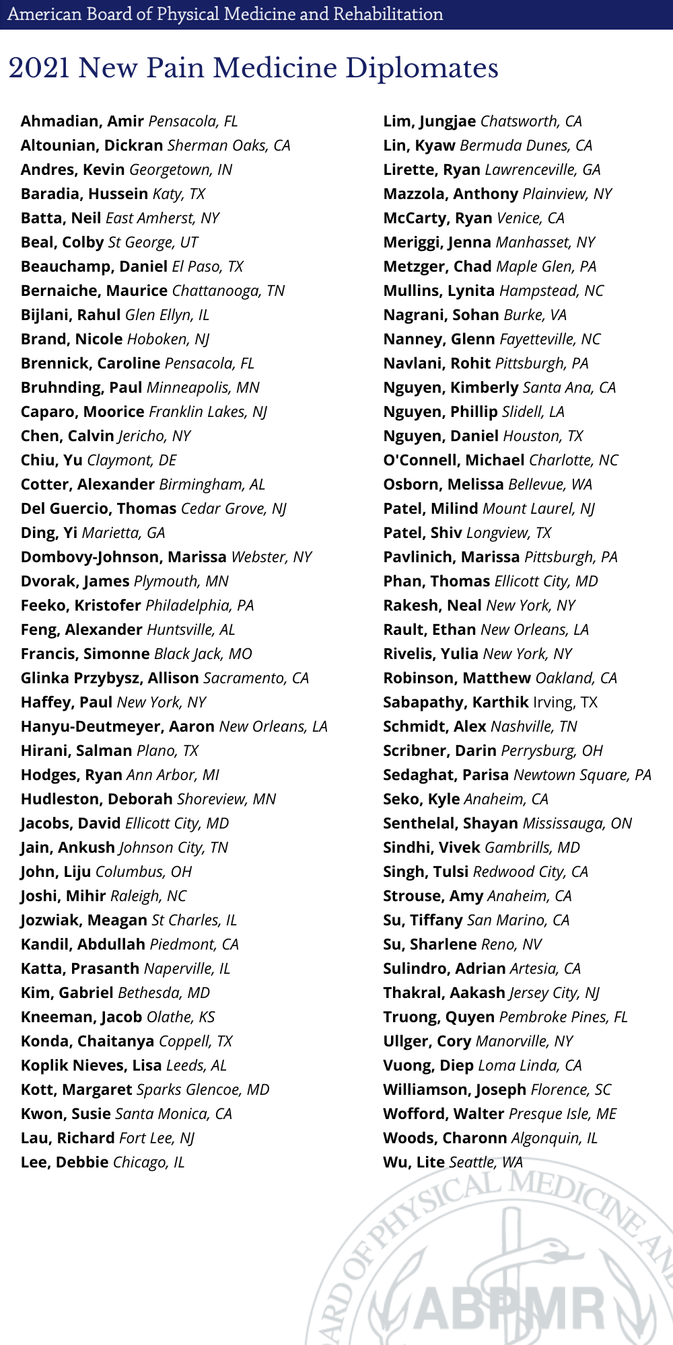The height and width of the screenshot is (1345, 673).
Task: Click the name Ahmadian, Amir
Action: click(x=82, y=121)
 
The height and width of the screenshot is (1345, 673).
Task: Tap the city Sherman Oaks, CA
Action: click(x=229, y=145)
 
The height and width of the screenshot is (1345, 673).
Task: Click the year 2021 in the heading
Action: click(x=39, y=68)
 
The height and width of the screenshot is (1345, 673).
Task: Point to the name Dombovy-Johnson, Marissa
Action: click(x=124, y=557)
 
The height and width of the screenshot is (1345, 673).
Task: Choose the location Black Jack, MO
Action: click(x=203, y=654)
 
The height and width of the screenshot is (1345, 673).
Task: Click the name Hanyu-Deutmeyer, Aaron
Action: click(x=118, y=726)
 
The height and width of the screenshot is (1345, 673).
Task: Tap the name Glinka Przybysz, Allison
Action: click(x=110, y=678)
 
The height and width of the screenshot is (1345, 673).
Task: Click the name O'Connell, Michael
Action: click(x=454, y=460)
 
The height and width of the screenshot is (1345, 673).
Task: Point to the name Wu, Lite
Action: click(x=414, y=1162)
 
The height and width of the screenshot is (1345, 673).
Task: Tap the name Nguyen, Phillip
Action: click(x=440, y=412)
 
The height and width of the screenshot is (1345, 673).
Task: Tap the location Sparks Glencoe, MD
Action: click(x=203, y=1089)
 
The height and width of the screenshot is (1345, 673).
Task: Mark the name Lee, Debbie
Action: click(x=65, y=1162)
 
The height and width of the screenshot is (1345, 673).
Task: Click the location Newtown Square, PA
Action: click(x=582, y=775)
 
